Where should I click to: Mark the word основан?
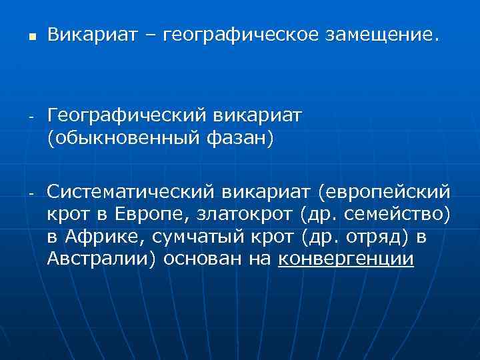coord(207,259)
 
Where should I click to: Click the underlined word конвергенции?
coord(347,259)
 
